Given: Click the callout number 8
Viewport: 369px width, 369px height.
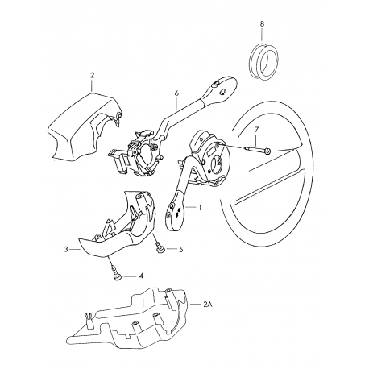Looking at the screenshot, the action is click(x=262, y=23).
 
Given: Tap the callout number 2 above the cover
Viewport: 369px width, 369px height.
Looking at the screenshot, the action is click(x=92, y=75).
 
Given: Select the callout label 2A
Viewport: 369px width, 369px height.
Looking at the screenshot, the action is click(x=208, y=305).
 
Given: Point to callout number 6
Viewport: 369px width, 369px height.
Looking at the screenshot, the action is click(x=176, y=93).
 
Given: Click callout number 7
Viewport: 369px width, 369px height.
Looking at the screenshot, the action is click(x=256, y=130).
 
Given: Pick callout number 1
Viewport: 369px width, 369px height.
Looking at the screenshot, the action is click(x=200, y=207).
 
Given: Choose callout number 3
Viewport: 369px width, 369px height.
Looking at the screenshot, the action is click(x=66, y=249).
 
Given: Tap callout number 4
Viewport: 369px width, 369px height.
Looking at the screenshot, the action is click(x=141, y=276).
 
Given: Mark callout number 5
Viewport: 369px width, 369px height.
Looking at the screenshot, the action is click(x=180, y=250).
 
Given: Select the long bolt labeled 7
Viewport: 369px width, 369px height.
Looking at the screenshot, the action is click(x=258, y=150).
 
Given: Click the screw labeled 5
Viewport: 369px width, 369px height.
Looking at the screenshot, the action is click(x=160, y=247).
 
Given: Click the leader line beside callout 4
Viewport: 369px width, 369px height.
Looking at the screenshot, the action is click(x=129, y=276).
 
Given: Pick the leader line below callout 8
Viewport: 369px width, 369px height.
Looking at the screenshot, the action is click(x=262, y=35).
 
